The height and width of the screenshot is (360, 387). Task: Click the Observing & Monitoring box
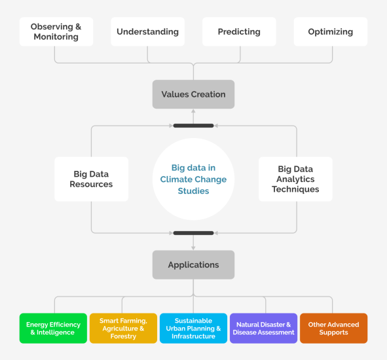(56, 31)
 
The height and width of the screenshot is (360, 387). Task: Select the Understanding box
(147, 31)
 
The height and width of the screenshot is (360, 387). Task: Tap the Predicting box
(239, 31)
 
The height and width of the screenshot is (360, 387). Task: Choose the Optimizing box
(330, 31)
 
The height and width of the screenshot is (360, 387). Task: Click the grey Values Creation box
(193, 94)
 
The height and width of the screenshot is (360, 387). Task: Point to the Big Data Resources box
(91, 179)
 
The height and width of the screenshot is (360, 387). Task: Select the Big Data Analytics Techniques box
(295, 179)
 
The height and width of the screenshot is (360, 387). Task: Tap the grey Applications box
(193, 264)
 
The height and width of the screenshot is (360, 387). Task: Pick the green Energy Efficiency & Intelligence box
(54, 328)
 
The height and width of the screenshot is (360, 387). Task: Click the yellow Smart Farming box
(123, 328)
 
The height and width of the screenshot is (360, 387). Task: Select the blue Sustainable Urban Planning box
(193, 328)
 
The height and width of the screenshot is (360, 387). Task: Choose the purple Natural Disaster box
(263, 328)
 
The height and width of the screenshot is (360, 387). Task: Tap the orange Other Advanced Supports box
(333, 328)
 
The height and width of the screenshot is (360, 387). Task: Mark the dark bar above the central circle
(193, 125)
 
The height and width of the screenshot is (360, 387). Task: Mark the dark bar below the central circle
(193, 232)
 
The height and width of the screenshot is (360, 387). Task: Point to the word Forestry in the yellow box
(123, 336)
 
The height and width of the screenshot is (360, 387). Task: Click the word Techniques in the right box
(295, 189)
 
